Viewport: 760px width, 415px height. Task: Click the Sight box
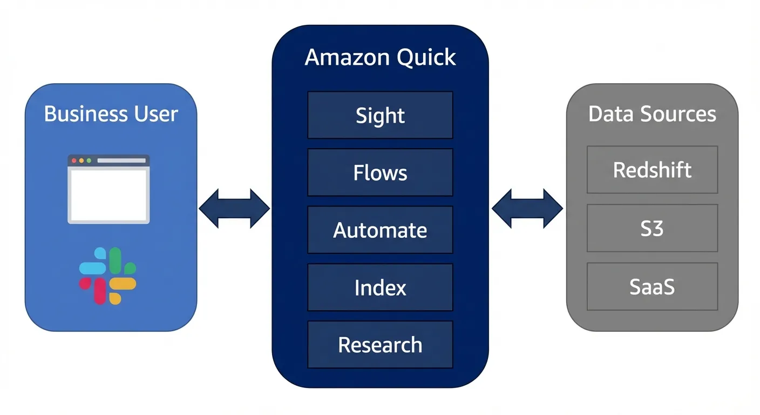[380, 115]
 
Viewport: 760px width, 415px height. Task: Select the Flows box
[380, 172]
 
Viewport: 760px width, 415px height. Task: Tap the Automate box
[380, 230]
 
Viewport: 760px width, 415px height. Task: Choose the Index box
[380, 287]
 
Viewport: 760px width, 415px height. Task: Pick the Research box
[380, 344]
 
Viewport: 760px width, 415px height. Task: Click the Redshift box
[652, 170]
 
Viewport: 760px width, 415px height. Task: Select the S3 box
[652, 228]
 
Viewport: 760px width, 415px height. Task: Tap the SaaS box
[652, 286]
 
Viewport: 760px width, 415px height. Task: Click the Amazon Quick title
[380, 57]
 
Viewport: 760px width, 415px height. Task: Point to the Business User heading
[111, 113]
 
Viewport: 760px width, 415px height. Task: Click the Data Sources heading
[652, 113]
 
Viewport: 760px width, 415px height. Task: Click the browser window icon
[108, 189]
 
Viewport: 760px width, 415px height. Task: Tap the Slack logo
[107, 276]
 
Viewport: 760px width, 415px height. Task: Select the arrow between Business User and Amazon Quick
[234, 208]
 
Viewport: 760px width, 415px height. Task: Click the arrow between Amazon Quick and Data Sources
[527, 208]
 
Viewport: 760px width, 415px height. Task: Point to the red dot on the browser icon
[74, 160]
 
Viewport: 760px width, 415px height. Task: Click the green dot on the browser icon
[89, 160]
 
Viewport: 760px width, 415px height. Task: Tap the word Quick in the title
[426, 57]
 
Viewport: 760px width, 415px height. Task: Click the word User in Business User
[156, 113]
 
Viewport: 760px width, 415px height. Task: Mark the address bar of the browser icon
[121, 160]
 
